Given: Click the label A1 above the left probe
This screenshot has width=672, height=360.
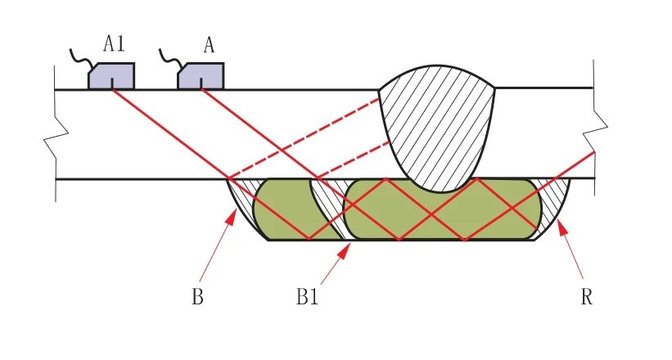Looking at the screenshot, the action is [x=114, y=43].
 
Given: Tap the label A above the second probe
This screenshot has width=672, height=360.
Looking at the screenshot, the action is [x=209, y=44].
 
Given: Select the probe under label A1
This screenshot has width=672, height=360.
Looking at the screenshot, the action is [x=111, y=76].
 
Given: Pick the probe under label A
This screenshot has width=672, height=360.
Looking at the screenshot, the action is [x=201, y=76].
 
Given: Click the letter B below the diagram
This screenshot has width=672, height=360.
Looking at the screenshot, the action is [x=197, y=295].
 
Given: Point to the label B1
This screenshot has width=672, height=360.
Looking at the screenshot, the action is [x=307, y=295].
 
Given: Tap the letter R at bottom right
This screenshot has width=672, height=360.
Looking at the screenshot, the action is [x=587, y=295].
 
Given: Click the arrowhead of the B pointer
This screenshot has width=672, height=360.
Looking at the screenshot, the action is [x=232, y=217].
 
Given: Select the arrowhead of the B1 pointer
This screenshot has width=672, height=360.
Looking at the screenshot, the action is [x=344, y=250].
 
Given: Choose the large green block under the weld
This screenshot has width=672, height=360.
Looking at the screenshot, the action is [x=443, y=209].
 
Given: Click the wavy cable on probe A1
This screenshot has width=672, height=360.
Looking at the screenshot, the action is [x=81, y=58].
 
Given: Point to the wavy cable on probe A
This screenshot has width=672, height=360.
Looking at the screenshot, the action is [x=171, y=58].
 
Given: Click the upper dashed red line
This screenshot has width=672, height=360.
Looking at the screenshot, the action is [x=304, y=138].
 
